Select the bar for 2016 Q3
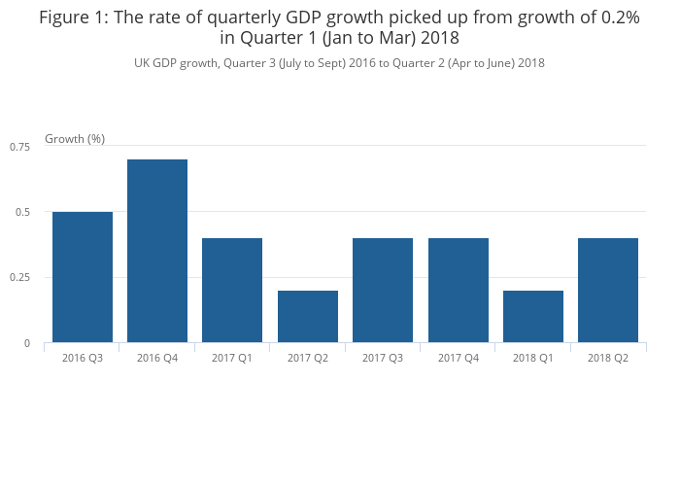(83, 277)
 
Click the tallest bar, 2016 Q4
(157, 251)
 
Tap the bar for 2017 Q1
(232, 290)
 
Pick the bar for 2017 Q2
(308, 316)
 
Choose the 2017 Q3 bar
(383, 290)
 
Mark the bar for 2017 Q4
(459, 290)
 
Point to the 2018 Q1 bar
(533, 316)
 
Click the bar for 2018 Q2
(608, 290)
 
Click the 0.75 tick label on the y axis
(20, 146)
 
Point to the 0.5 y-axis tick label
(23, 212)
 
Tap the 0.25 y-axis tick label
(20, 278)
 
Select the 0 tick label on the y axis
(27, 343)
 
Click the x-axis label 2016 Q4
(157, 359)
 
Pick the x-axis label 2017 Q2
(308, 359)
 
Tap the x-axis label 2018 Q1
(533, 359)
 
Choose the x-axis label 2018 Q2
(608, 359)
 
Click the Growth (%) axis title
(75, 139)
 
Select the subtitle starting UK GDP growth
(339, 63)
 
